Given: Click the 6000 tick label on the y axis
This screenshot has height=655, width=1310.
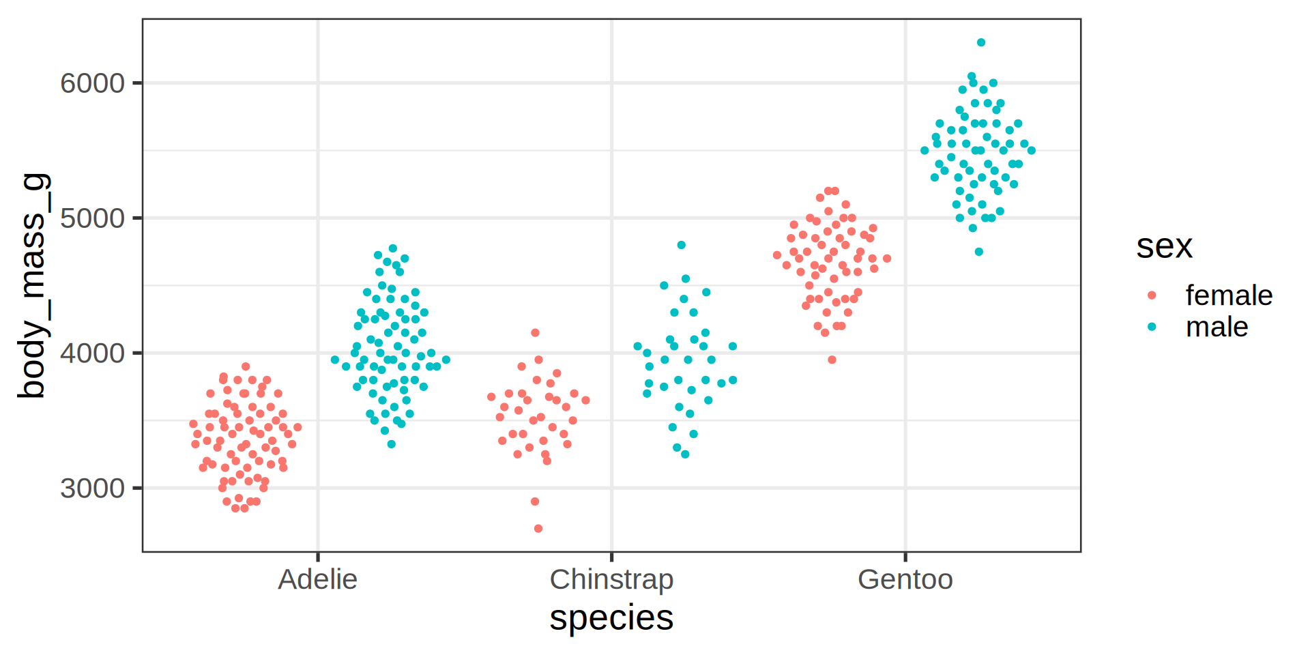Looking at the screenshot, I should tap(92, 83).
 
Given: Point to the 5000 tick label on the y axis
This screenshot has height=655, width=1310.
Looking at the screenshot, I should tap(92, 218).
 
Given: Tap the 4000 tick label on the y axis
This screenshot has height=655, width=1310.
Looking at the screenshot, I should tap(92, 353).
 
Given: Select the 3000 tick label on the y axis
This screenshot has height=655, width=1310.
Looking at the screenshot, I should tap(92, 489).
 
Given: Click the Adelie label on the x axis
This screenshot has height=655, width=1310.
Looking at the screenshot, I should tap(317, 579).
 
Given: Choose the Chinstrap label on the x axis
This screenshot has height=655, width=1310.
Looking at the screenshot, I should tap(611, 579).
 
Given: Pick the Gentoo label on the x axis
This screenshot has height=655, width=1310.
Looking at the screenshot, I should tap(905, 579).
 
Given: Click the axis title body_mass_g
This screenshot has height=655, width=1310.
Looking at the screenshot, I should tap(33, 286).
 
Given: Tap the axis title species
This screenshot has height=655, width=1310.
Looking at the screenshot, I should tap(611, 617).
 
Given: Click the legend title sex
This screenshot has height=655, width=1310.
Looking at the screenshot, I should tap(1164, 246).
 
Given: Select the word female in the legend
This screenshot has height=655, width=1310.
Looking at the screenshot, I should tap(1229, 295).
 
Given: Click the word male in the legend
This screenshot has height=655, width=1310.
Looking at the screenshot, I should tap(1217, 327).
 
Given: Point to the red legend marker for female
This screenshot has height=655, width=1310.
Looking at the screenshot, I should tap(1152, 295).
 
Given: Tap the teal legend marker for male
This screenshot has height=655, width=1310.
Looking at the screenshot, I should tap(1152, 327).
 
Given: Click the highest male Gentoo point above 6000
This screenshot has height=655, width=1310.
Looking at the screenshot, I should tap(981, 42).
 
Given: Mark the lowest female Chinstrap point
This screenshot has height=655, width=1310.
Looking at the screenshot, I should tap(538, 529).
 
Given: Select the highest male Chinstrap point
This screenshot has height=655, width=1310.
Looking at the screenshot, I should tap(681, 245).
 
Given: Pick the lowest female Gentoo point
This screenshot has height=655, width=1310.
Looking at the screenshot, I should tap(832, 360).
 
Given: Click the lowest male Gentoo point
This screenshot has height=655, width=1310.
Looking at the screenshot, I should tap(978, 252).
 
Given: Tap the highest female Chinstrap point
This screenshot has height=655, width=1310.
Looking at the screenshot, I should tap(536, 333).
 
